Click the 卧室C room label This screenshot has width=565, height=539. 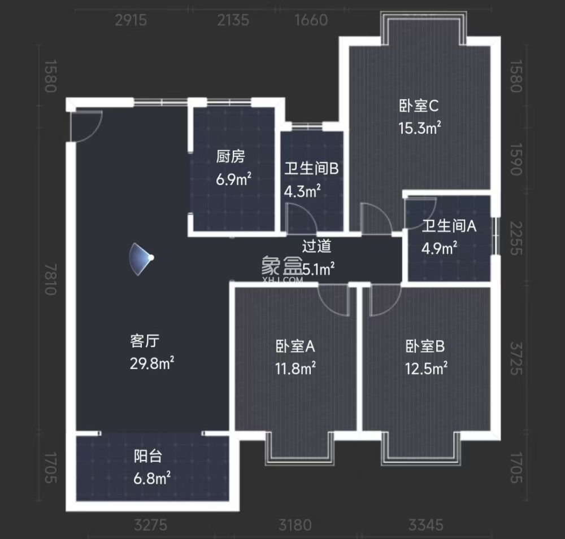coord(419,106)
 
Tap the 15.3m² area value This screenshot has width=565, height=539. coord(419,128)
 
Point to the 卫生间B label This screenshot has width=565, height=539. coord(311,168)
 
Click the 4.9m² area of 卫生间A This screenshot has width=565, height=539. coord(440,248)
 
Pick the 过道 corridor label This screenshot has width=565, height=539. coord(316,246)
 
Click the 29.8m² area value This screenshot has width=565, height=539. coord(151,363)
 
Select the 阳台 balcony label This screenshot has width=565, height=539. coord(148,456)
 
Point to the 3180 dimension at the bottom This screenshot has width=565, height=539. coord(294,525)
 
